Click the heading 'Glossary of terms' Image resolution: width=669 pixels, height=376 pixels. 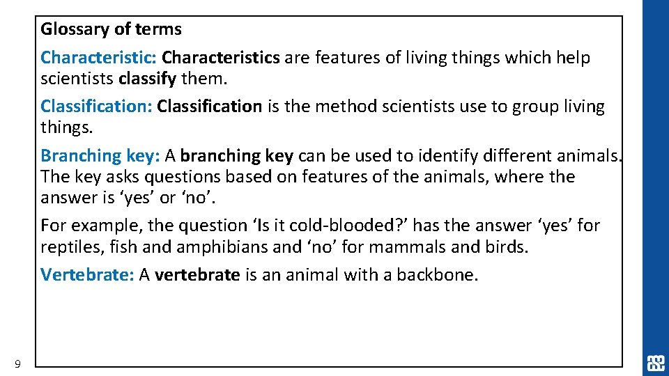[111, 29]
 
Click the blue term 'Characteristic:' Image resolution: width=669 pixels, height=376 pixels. [98, 58]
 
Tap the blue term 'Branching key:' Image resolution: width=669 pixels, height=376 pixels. [100, 156]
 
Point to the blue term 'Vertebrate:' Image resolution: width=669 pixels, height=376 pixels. [87, 275]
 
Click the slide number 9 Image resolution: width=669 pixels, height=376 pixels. [17, 363]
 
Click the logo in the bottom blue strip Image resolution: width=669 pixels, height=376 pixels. [656, 363]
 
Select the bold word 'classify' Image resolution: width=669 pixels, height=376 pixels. [147, 79]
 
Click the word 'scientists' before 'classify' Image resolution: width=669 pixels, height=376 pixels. [77, 79]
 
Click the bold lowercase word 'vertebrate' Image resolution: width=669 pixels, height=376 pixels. [197, 275]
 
